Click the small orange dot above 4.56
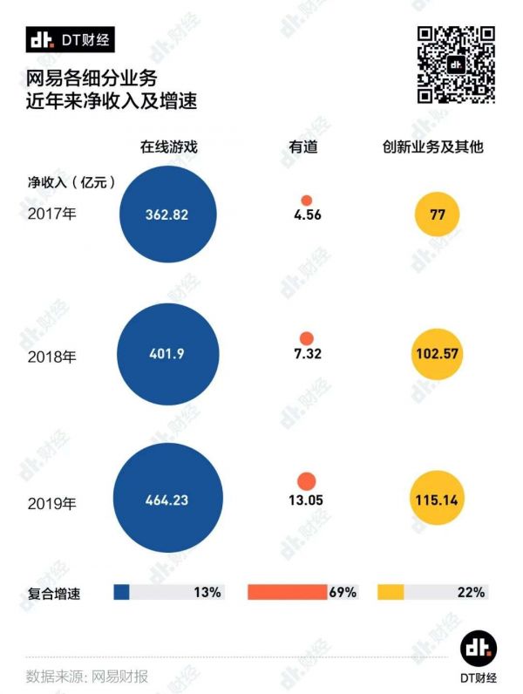[x=306, y=200]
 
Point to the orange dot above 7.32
[x=306, y=338]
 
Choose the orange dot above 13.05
[x=306, y=480]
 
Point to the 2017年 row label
[x=52, y=214]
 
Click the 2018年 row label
[x=52, y=356]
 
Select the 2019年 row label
[x=52, y=502]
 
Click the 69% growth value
[x=343, y=593]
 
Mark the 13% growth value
[x=207, y=593]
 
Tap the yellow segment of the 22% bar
[x=391, y=593]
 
